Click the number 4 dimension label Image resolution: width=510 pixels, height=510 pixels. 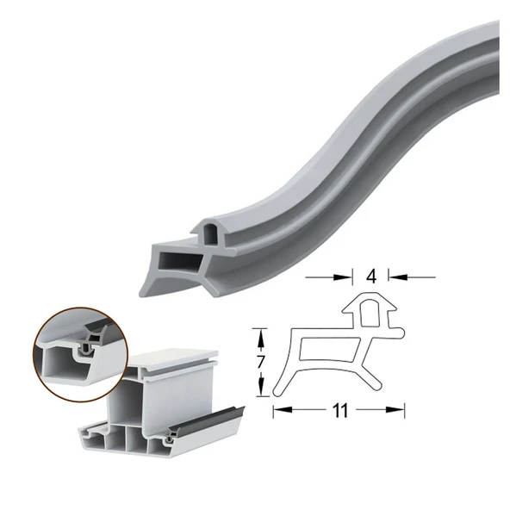point(370,277)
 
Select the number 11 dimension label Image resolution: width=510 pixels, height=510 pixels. point(339,411)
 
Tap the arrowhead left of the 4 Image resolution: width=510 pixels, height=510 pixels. point(349,277)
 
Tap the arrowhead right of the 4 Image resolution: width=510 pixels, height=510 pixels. point(392,277)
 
